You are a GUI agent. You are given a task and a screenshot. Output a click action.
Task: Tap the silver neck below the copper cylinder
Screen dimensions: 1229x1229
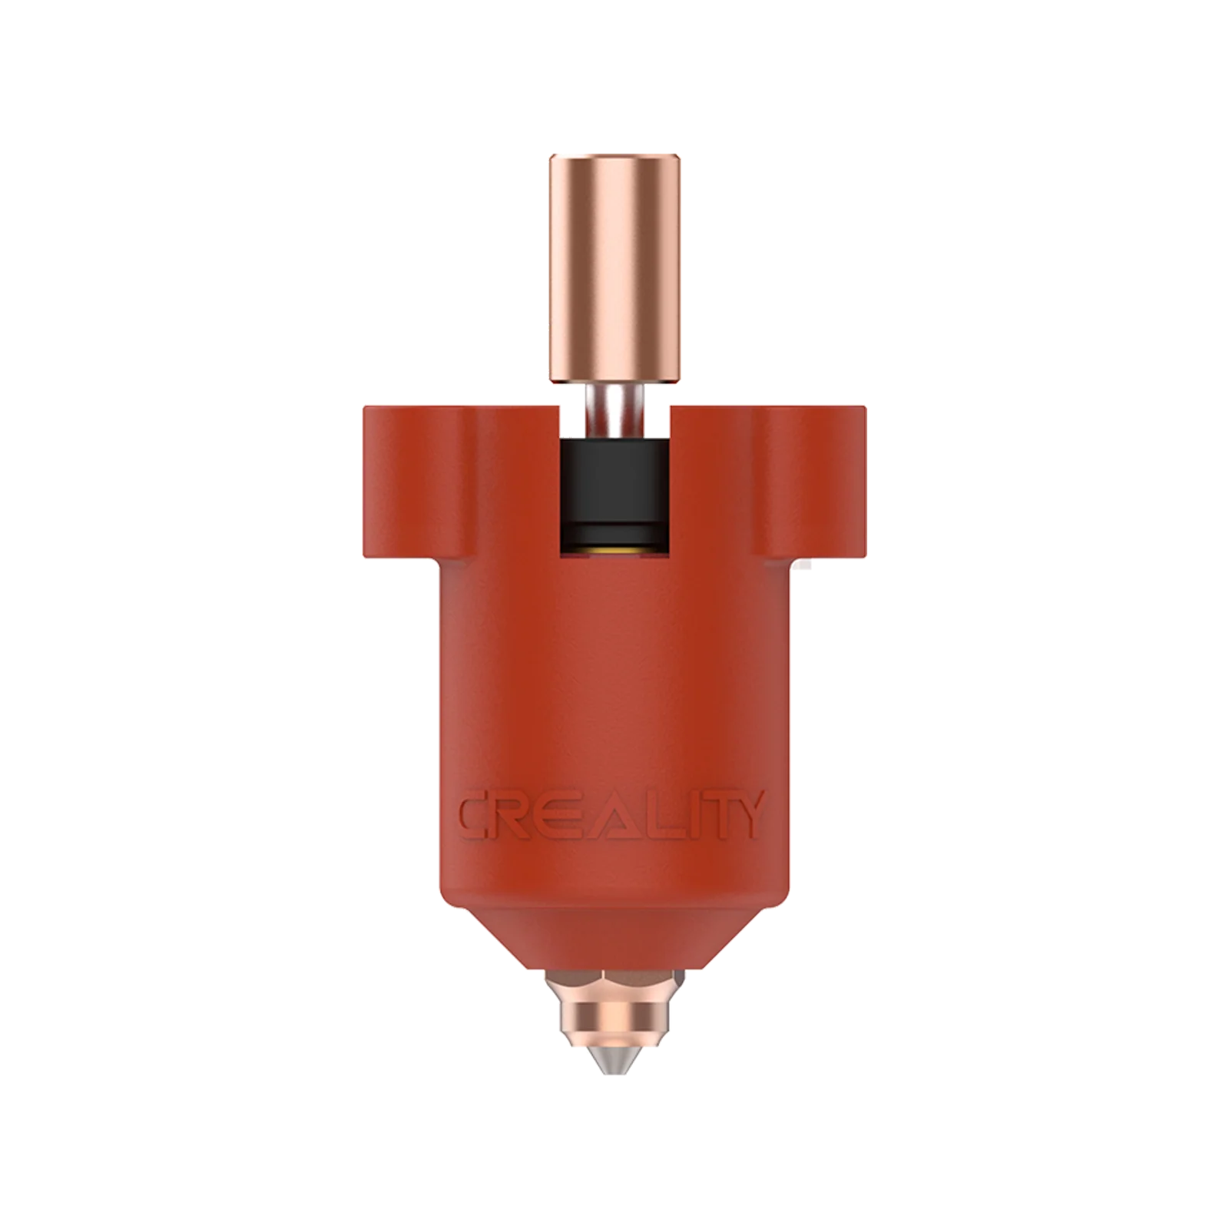[x=614, y=410]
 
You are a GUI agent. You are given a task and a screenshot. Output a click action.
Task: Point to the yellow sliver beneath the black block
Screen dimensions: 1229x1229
[x=614, y=551]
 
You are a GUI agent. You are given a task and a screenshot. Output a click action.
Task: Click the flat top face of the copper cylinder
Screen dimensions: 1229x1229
[x=614, y=157]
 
